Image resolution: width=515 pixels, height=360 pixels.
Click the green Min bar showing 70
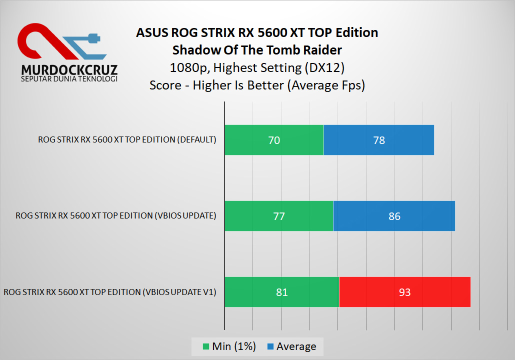click(274, 140)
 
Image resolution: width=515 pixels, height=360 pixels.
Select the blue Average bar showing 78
click(379, 140)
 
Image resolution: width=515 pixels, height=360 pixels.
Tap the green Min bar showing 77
click(278, 216)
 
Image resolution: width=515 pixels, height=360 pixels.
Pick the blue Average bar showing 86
click(394, 216)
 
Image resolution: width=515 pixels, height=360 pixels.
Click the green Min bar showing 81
click(281, 292)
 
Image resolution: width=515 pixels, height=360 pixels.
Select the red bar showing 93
click(404, 292)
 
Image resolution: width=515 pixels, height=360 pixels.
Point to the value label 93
click(404, 292)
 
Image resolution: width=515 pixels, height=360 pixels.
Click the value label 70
click(274, 140)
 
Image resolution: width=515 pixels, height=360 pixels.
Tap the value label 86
click(394, 216)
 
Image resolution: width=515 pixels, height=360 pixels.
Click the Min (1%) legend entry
click(229, 346)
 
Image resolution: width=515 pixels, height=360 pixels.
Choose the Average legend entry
click(291, 346)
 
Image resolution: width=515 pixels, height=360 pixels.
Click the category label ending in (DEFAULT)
click(127, 139)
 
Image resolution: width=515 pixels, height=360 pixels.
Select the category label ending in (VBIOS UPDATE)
click(116, 215)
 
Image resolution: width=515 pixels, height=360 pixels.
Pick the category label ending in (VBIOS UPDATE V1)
click(110, 291)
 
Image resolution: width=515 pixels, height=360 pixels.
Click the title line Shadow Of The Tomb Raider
click(257, 50)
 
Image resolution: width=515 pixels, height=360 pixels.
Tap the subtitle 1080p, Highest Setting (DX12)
click(257, 67)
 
